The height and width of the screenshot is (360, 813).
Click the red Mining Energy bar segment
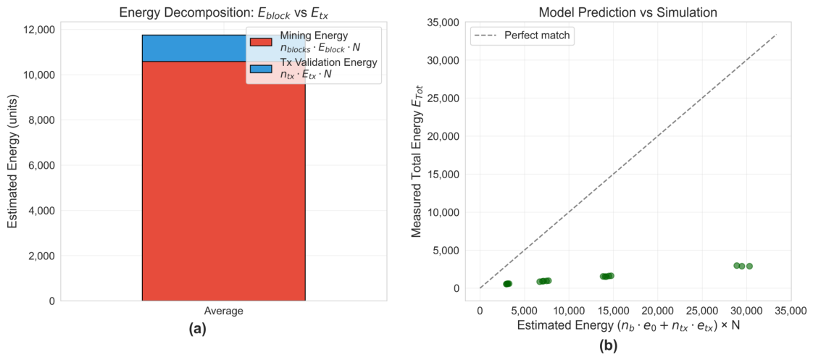pos(223,181)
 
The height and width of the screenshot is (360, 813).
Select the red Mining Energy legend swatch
pos(261,42)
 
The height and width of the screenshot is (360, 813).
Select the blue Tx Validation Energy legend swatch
pos(261,69)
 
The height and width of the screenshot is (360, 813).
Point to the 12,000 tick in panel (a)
pos(38,30)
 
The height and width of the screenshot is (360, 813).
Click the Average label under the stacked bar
pos(223,311)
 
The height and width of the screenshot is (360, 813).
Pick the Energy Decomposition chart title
pos(223,12)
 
